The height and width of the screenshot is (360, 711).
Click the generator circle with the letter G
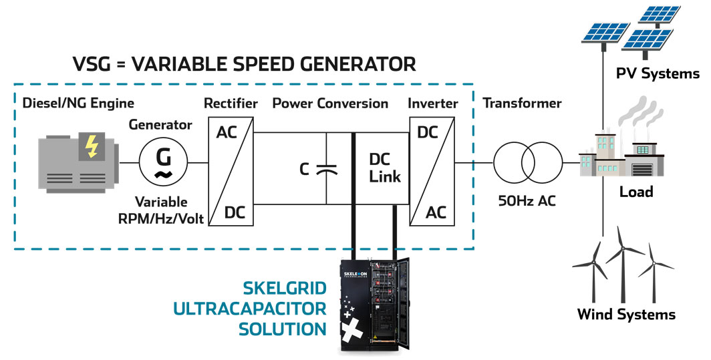[163, 163]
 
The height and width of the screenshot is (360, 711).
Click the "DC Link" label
[385, 168]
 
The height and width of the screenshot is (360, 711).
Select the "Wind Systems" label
[626, 314]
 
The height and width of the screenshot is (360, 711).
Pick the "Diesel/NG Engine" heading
[78, 104]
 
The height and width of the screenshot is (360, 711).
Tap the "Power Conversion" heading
[330, 104]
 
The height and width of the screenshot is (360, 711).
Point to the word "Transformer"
[522, 104]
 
